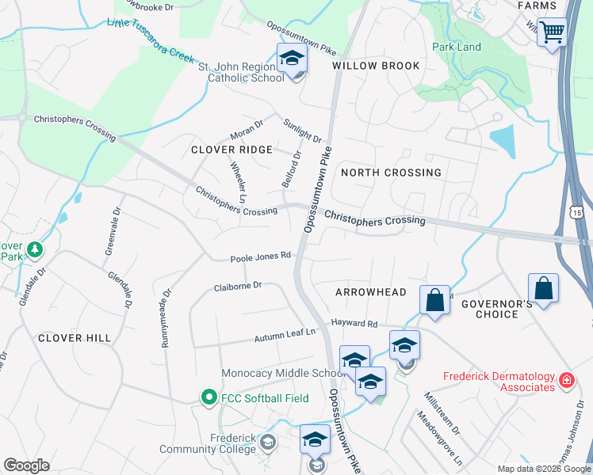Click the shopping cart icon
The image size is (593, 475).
(x=552, y=33)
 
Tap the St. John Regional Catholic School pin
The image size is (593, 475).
(x=292, y=59)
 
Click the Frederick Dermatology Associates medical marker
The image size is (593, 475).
(x=566, y=381)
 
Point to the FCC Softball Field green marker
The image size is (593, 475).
(x=209, y=397)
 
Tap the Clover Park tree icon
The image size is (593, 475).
(x=34, y=250)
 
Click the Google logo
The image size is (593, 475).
(x=26, y=465)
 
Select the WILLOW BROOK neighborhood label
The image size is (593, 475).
(x=376, y=66)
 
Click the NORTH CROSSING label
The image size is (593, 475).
(x=390, y=173)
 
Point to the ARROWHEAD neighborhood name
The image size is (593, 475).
(x=370, y=292)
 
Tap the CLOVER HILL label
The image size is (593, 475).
(x=75, y=338)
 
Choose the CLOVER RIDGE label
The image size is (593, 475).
(x=231, y=150)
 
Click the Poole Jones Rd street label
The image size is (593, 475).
(x=261, y=257)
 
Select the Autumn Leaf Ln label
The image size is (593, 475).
(x=285, y=337)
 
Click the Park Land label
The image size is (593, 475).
(x=457, y=47)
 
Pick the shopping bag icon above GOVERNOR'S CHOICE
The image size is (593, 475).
(x=543, y=289)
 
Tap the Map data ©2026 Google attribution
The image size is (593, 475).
(x=544, y=469)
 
